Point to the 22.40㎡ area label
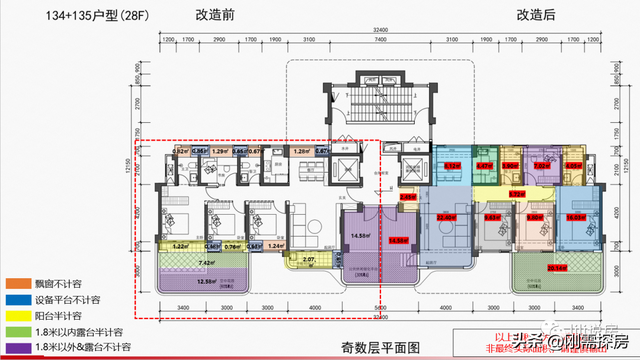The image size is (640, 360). pos(445,216)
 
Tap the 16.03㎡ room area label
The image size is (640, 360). pos(575,216)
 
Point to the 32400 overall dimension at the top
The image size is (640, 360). pos(380,32)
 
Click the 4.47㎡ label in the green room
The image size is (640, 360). pos(484,166)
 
